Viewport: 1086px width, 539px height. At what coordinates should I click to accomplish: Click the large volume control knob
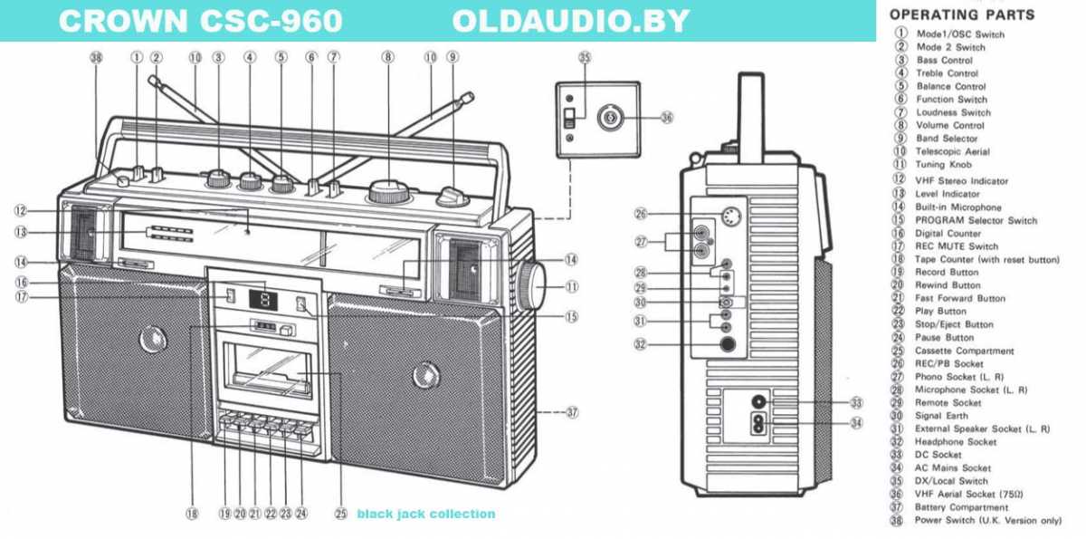[387, 191]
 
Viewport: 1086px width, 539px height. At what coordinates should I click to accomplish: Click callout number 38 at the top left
[97, 57]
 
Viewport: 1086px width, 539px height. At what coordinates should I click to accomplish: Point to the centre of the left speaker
[146, 341]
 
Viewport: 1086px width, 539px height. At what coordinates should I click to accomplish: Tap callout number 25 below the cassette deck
[340, 513]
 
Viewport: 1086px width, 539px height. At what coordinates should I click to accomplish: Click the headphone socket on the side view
[726, 344]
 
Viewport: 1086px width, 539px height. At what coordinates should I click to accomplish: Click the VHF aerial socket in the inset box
[612, 117]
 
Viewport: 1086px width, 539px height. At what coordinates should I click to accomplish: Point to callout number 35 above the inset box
[585, 57]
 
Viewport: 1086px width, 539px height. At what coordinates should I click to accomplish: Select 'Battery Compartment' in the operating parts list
[964, 507]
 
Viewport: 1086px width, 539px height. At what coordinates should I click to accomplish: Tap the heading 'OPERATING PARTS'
[962, 14]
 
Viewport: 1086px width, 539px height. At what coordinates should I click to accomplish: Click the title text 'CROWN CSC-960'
[200, 20]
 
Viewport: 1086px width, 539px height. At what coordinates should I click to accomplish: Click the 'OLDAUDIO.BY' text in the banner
[570, 20]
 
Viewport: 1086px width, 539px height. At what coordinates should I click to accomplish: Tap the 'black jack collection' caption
[425, 514]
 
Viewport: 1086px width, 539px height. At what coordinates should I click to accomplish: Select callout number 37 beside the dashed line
[571, 412]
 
